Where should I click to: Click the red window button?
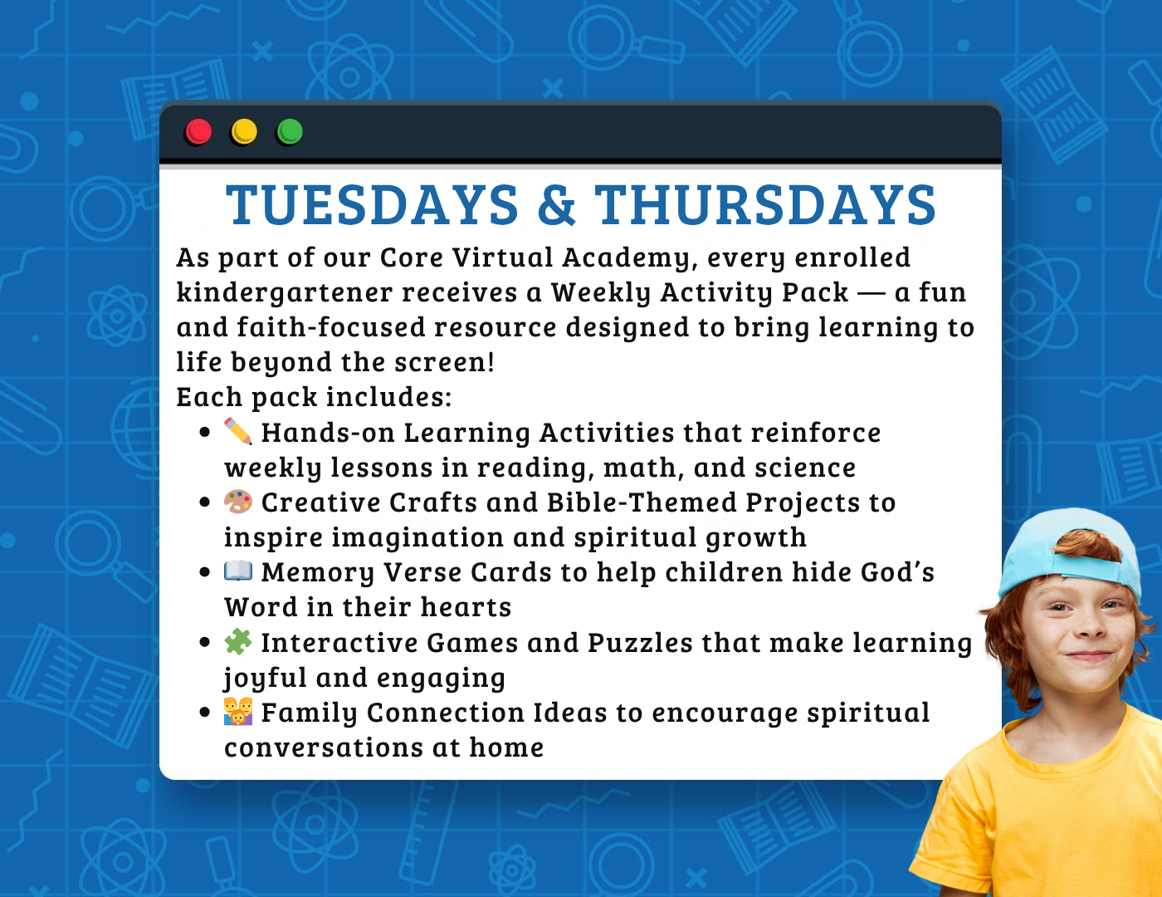[x=198, y=131]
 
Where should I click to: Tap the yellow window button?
[x=244, y=131]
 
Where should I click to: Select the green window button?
[x=290, y=131]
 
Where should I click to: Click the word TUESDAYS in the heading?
[x=372, y=204]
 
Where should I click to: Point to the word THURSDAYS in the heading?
[x=765, y=204]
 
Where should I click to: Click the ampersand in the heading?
[x=557, y=204]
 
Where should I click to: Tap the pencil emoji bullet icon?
[x=238, y=431]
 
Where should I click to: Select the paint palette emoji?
[x=238, y=502]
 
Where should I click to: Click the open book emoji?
[x=238, y=571]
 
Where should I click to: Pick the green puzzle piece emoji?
[x=238, y=641]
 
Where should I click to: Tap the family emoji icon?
[x=238, y=712]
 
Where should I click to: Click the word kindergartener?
[x=285, y=293]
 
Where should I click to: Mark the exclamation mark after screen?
[x=490, y=362]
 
